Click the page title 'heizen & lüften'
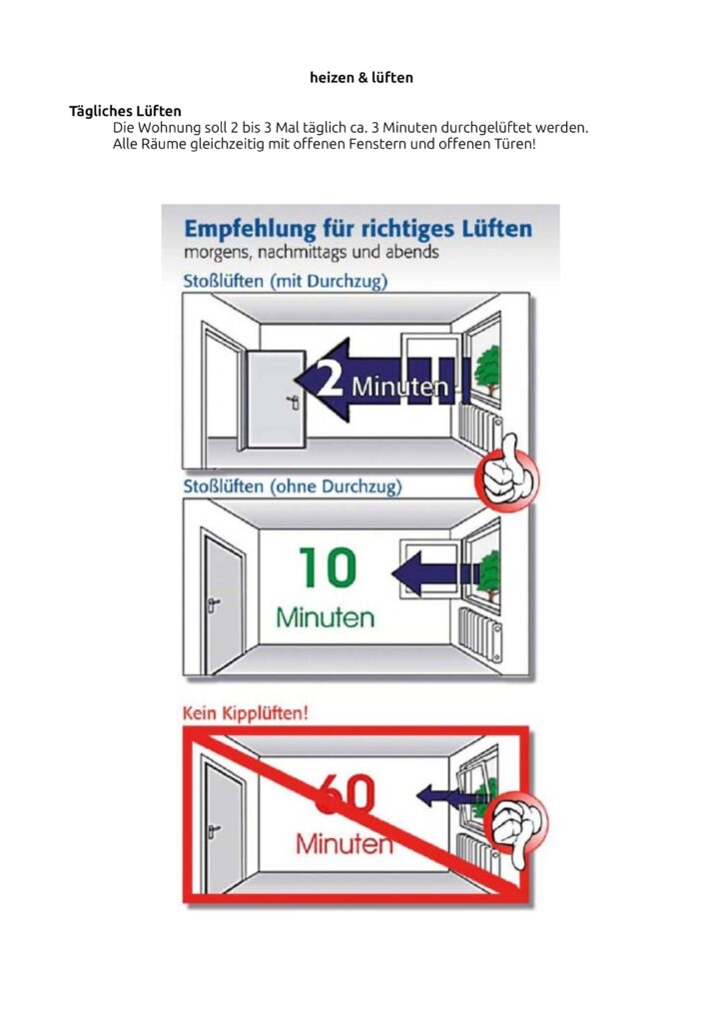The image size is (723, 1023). coord(361,78)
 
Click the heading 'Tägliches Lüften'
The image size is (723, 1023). coord(125,111)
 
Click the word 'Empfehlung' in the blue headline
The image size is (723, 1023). coord(250,230)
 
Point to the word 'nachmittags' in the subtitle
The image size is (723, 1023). coord(302,253)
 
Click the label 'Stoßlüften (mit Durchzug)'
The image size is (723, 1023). coord(286,281)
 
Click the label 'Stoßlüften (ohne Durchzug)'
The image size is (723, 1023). coord(293,487)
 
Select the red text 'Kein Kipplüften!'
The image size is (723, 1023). coord(245,712)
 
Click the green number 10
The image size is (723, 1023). coord(328,567)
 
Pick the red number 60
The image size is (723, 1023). coord(346,793)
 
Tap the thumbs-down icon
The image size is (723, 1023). coord(519,828)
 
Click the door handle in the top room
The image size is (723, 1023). coord(294,402)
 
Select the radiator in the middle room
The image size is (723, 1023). coord(480,632)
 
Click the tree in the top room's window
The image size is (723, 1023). coord(487,369)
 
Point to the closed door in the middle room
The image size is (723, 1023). coord(224,605)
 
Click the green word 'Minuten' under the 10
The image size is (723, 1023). coord(326,617)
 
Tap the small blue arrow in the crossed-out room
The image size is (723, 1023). coord(449,795)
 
